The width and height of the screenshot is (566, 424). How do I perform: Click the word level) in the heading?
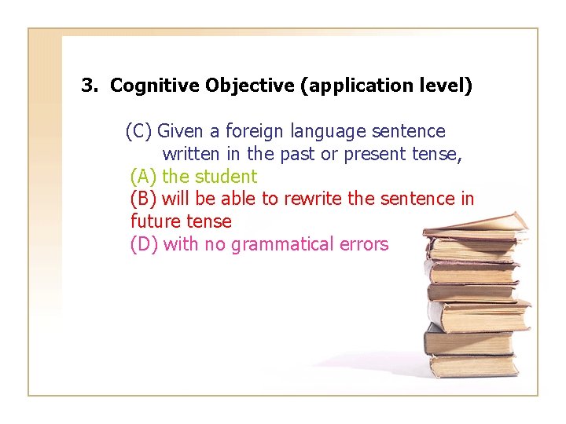[446, 86]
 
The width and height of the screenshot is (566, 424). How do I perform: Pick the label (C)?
[139, 131]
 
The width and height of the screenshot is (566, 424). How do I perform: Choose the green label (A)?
[144, 177]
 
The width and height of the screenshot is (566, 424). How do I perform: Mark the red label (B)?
[144, 199]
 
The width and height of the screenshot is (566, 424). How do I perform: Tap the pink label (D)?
[145, 244]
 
